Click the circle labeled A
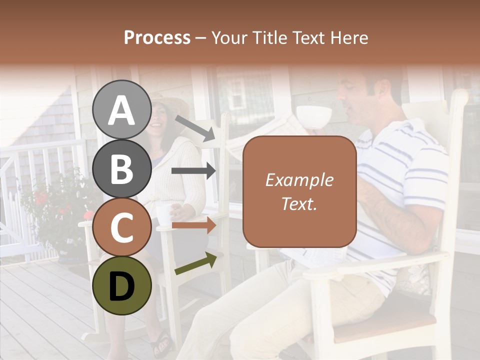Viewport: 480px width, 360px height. tap(122, 109)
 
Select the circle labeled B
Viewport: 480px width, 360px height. tap(122, 168)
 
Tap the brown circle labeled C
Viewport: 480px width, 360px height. tap(122, 227)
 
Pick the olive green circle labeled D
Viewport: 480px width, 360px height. tap(122, 285)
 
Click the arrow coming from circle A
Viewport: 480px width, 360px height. tap(195, 128)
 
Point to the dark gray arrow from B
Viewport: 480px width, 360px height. tap(193, 171)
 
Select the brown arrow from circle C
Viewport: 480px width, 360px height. tap(193, 225)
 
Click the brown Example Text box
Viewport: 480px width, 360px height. tap(299, 191)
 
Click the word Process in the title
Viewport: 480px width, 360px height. tap(157, 37)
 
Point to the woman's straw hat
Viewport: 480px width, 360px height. tap(172, 102)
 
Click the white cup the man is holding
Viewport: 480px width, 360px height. tap(314, 116)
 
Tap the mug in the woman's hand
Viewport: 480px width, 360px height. tap(163, 214)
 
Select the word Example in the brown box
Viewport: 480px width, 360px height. tap(299, 180)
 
